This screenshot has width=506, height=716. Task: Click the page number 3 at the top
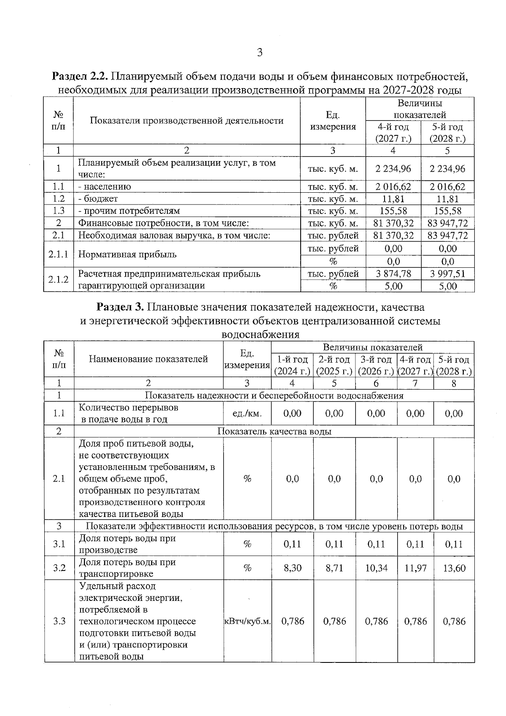pyautogui.click(x=259, y=53)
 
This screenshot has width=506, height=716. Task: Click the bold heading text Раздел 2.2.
pyautogui.click(x=80, y=77)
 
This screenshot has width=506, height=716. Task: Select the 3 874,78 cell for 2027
pyautogui.click(x=393, y=274)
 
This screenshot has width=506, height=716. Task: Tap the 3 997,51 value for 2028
pyautogui.click(x=447, y=274)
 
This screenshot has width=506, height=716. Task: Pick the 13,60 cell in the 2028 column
pyautogui.click(x=454, y=568)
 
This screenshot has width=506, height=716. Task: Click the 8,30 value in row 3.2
pyautogui.click(x=292, y=568)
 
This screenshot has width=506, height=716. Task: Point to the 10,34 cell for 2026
pyautogui.click(x=376, y=568)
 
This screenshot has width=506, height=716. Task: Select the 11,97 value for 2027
pyautogui.click(x=415, y=568)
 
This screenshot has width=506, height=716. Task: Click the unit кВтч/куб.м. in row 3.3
pyautogui.click(x=247, y=621)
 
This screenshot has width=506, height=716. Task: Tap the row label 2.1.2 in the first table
pyautogui.click(x=58, y=280)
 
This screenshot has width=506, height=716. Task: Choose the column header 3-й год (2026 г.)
pyautogui.click(x=376, y=366)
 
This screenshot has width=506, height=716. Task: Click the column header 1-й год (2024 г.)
pyautogui.click(x=292, y=366)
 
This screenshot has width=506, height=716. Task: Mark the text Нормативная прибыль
pyautogui.click(x=127, y=254)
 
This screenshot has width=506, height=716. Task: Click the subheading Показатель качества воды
pyautogui.click(x=274, y=431)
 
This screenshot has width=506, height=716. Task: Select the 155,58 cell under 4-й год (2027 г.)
pyautogui.click(x=393, y=211)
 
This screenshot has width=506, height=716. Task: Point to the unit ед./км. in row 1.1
pyautogui.click(x=247, y=414)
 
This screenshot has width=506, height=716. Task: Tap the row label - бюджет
pyautogui.click(x=98, y=199)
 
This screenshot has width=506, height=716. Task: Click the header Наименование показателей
pyautogui.click(x=148, y=359)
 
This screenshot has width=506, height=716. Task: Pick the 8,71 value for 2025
pyautogui.click(x=334, y=568)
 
